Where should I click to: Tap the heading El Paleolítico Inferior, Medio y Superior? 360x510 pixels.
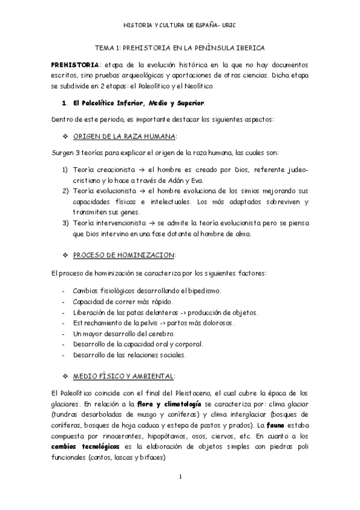click(x=139, y=103)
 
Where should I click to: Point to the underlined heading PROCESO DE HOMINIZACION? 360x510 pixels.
click(x=124, y=255)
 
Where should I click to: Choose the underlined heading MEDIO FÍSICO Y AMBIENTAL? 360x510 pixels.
click(x=124, y=376)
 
